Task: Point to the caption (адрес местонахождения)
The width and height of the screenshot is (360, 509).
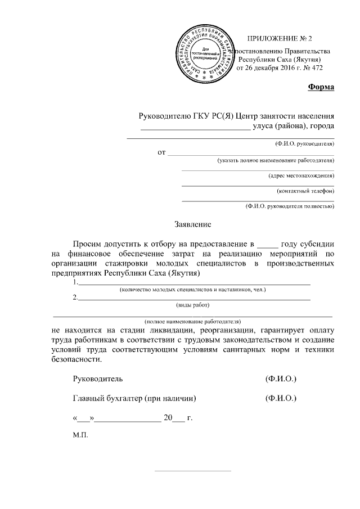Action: [301, 175]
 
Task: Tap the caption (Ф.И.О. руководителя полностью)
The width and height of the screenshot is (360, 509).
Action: [290, 206]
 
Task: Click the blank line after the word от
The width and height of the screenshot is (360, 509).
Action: [250, 152]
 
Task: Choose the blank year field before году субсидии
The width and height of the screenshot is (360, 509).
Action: [267, 245]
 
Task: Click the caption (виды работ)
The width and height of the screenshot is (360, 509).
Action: [193, 305]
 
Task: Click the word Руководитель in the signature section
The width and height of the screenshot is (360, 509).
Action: [97, 380]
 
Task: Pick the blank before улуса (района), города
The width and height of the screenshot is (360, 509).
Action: [195, 127]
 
